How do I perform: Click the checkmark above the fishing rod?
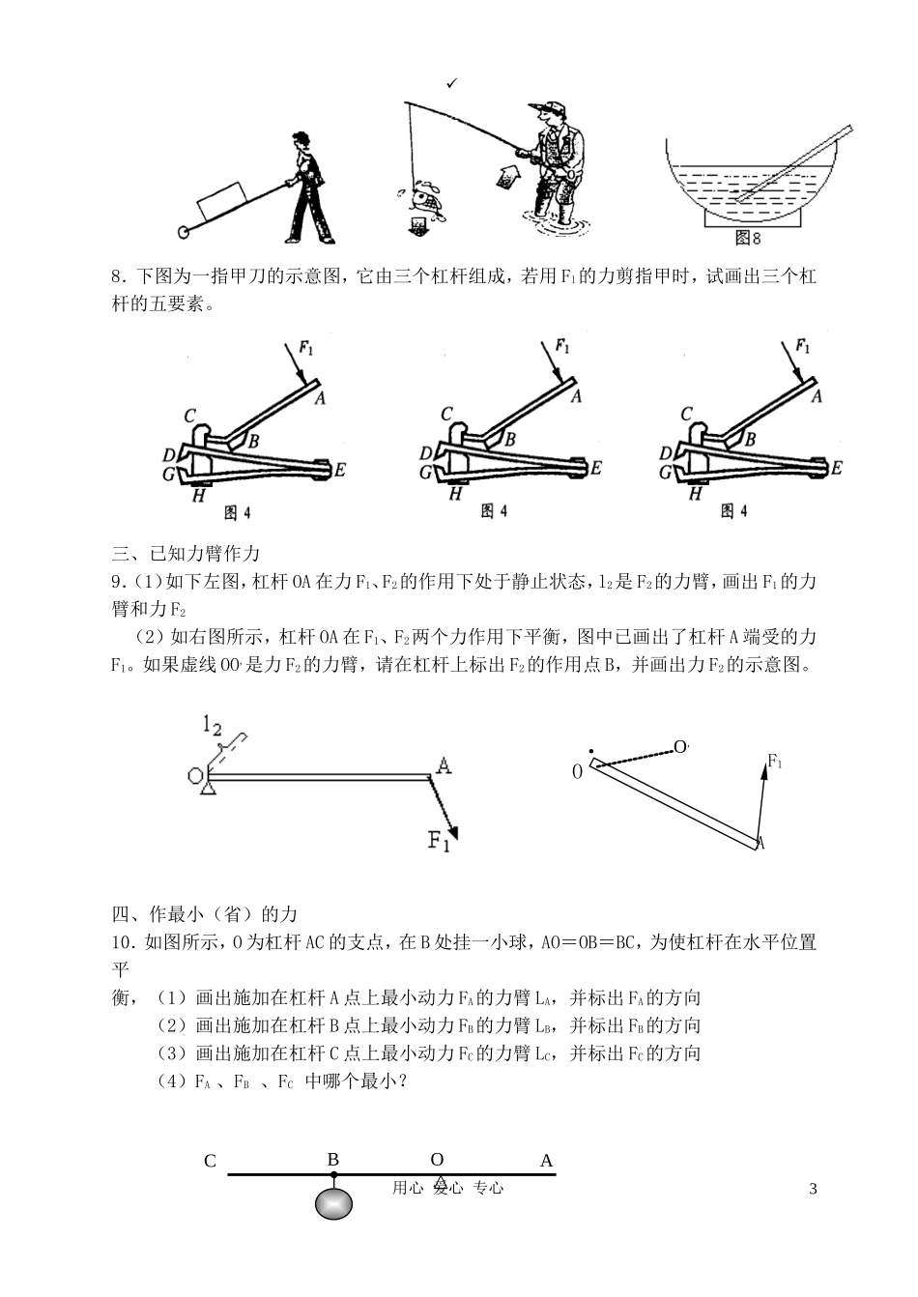pyautogui.click(x=451, y=85)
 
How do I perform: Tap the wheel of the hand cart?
pyautogui.click(x=184, y=232)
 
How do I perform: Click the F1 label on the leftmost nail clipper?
pyautogui.click(x=304, y=349)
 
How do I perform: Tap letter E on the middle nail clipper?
pyautogui.click(x=595, y=468)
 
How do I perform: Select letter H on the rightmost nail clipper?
pyautogui.click(x=695, y=494)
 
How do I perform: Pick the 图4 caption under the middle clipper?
pyautogui.click(x=494, y=511)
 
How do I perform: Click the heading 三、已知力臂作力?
pyautogui.click(x=186, y=554)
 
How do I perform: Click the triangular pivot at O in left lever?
pyautogui.click(x=206, y=789)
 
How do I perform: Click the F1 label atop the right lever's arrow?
pyautogui.click(x=774, y=763)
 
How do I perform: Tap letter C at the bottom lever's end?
pyautogui.click(x=210, y=1161)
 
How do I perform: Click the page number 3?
pyautogui.click(x=813, y=1188)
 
